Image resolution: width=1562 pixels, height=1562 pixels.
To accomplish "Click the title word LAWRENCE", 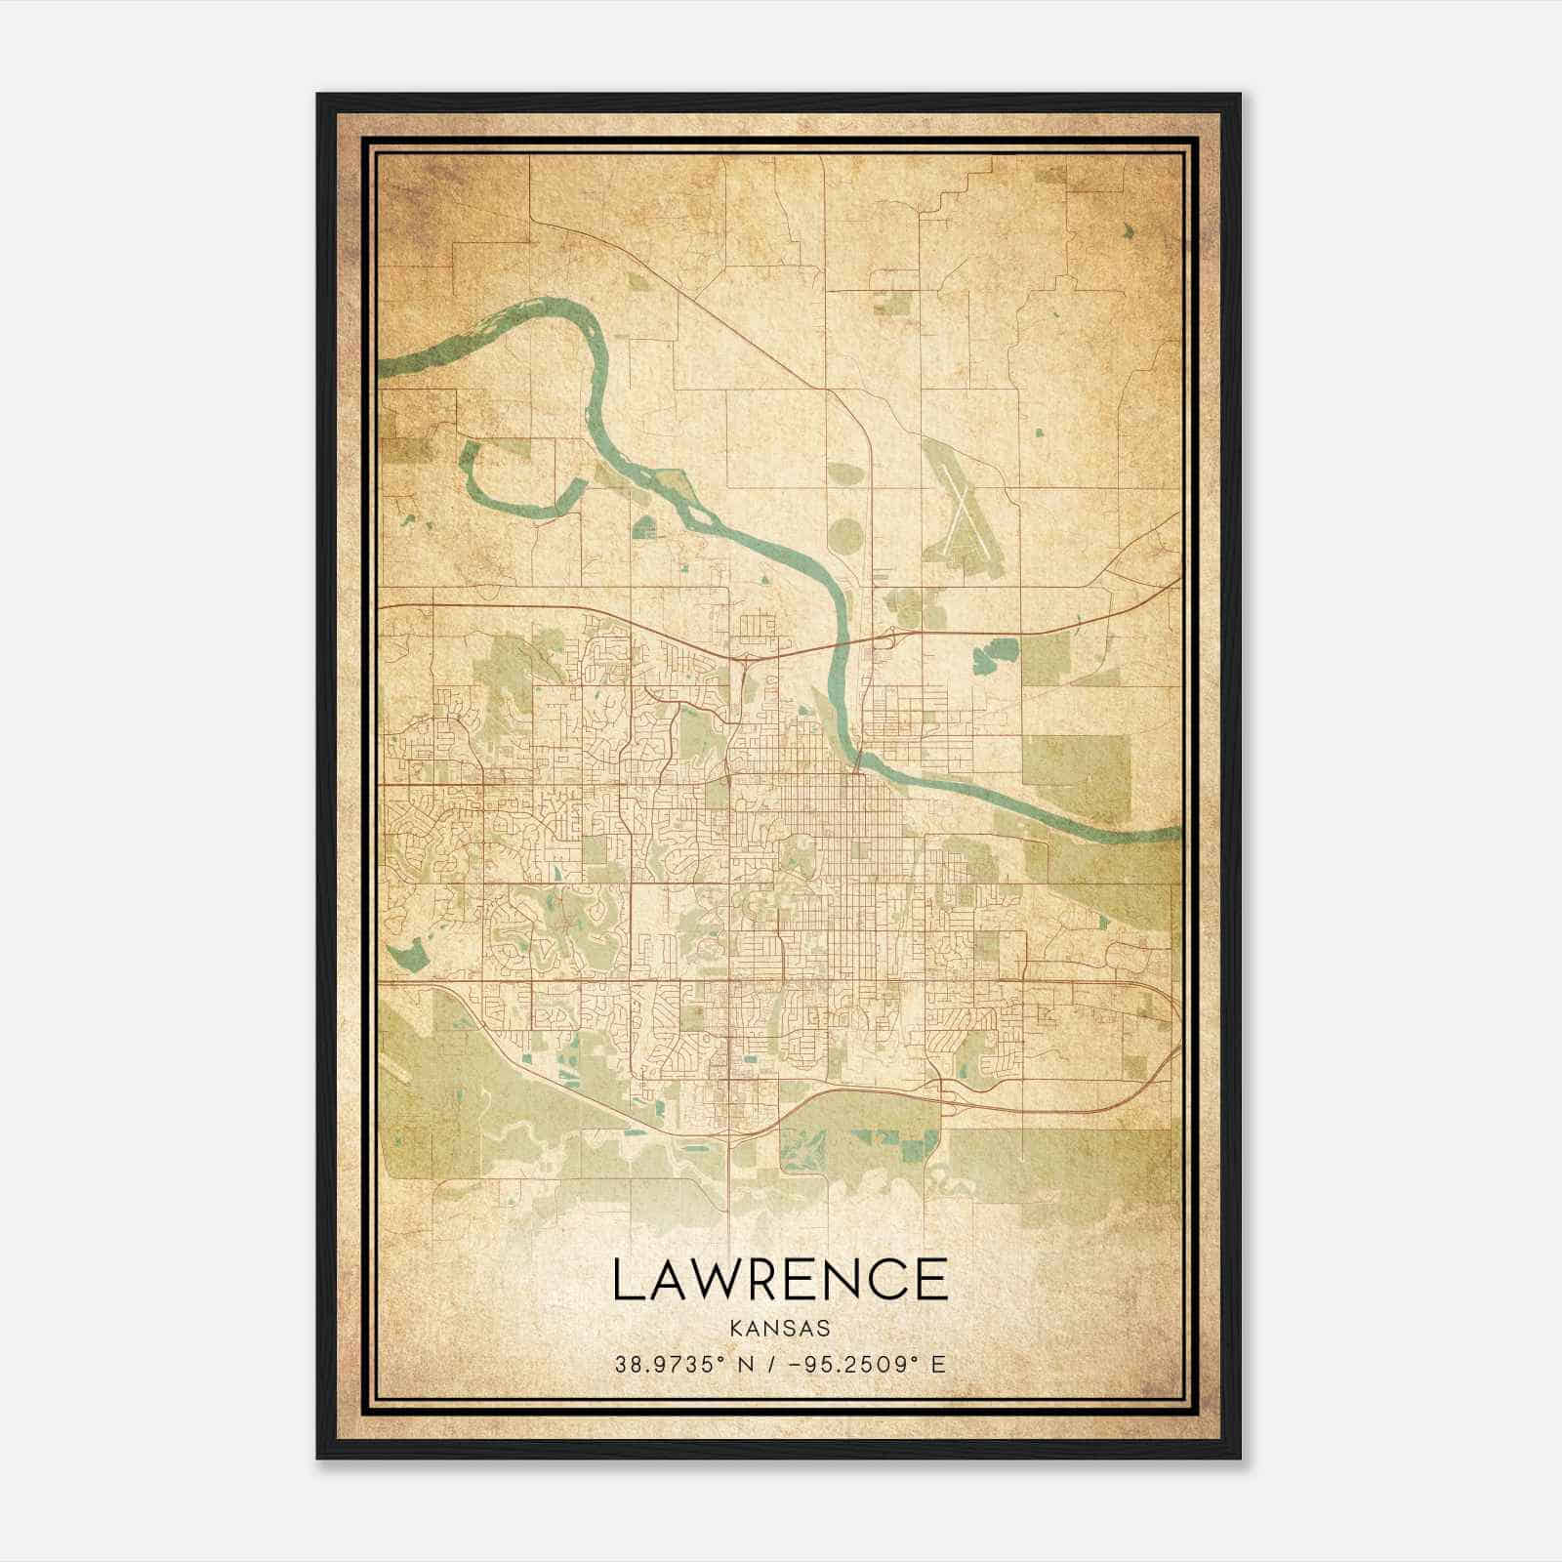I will point(780,1279).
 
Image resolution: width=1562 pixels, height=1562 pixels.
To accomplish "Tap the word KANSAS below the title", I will point(779,1329).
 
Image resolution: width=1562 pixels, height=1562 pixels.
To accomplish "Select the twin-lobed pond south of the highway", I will point(993,654).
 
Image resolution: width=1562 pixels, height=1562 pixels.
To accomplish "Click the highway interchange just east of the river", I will point(890,639).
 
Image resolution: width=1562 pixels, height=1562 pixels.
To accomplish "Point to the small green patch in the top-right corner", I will point(1130,231).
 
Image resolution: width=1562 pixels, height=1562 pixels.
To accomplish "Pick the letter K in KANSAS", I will point(734,1329).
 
